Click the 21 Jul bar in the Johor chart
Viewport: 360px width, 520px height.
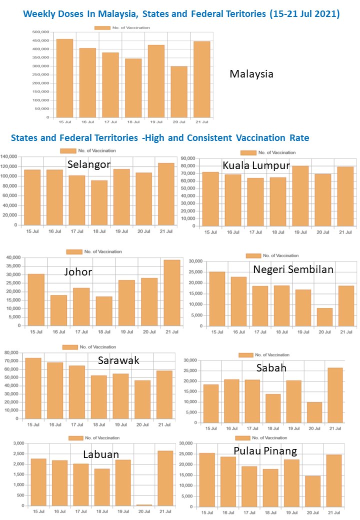click(172, 292)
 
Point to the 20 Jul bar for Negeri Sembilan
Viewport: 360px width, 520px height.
click(324, 317)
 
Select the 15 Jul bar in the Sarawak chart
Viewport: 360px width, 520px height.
click(33, 388)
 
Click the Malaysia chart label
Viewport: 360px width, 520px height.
click(251, 74)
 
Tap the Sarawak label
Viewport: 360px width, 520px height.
click(118, 361)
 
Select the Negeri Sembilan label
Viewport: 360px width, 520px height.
click(293, 269)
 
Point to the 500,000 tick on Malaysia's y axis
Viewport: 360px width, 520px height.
click(40, 32)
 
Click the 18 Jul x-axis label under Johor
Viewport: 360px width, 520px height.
click(104, 331)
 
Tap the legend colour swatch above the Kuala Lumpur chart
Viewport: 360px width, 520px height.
click(248, 152)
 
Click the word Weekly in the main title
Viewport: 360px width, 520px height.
click(43, 14)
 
